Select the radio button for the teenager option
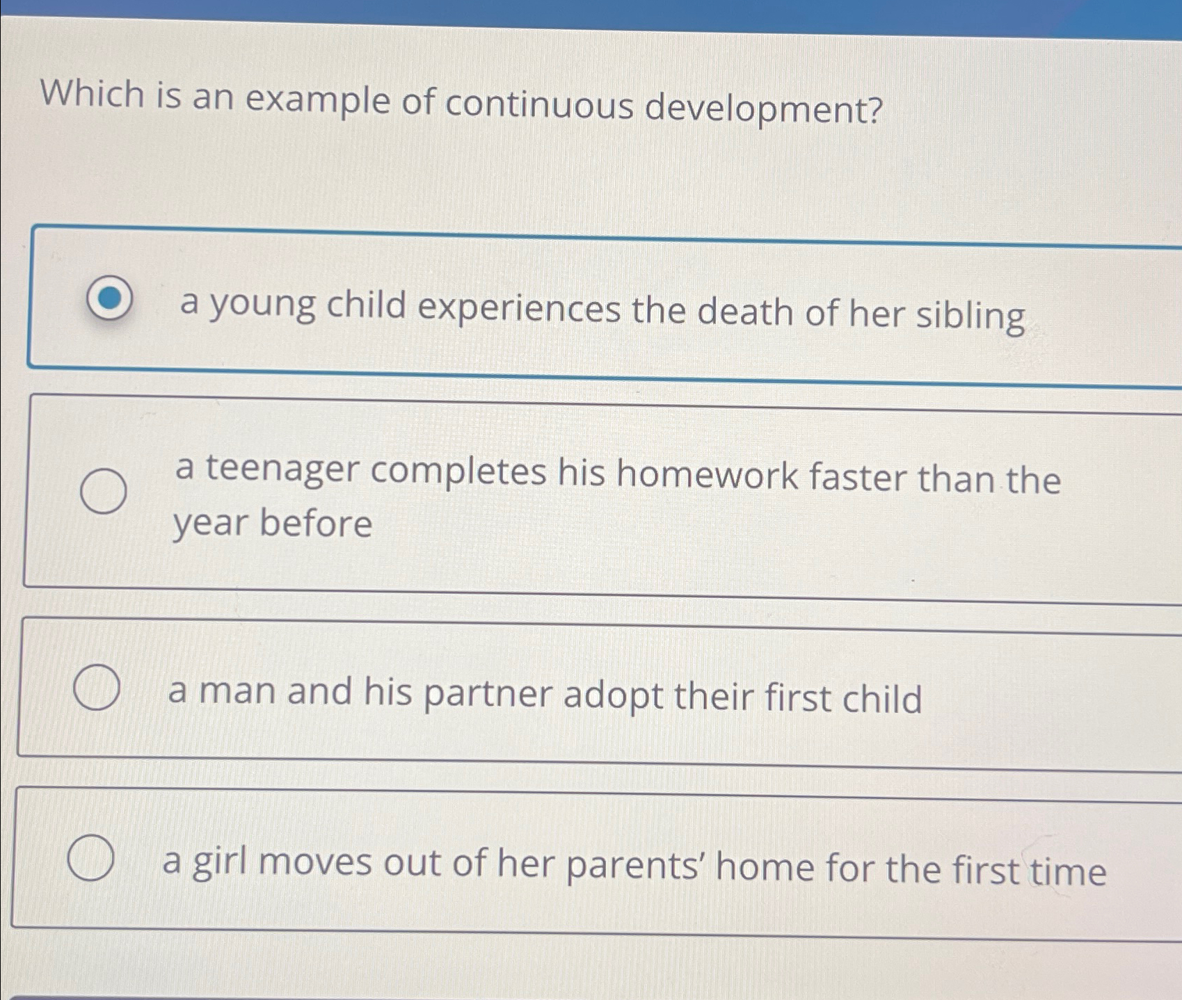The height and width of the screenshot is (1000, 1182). pos(104,491)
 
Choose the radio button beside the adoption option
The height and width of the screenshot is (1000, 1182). pos(97,687)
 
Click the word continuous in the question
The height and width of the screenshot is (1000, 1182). pos(540,104)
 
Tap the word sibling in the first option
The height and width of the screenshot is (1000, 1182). pos(970,315)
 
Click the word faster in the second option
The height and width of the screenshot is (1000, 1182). pos(858,478)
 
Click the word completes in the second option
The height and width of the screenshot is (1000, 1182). pos(458,472)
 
